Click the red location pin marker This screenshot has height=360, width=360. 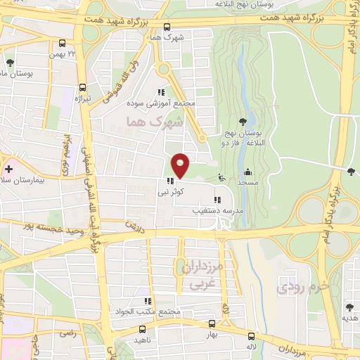181,165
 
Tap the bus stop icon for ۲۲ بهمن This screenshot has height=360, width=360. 63,43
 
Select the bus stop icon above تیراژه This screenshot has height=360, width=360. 82,88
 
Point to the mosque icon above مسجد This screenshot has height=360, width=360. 247,172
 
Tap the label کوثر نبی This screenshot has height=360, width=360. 172,191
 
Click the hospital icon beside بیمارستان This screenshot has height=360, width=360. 8,169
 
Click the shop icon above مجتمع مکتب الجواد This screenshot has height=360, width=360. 148,302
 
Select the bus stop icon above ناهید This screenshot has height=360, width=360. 143,328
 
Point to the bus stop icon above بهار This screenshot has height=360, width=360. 212,324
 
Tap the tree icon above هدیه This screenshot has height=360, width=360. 349,307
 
